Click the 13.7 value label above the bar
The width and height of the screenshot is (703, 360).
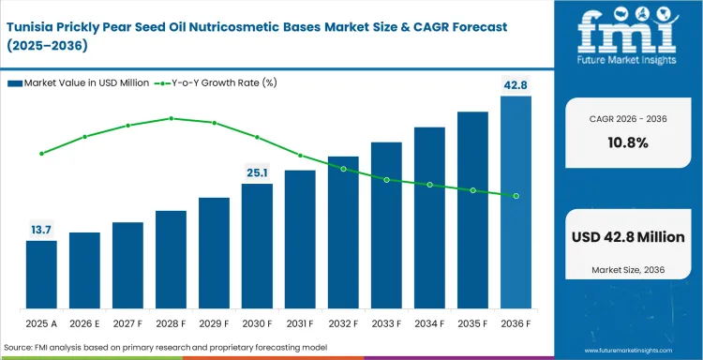point(41,230)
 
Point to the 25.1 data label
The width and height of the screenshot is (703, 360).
point(257,172)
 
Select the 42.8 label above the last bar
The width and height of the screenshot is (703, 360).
point(516,85)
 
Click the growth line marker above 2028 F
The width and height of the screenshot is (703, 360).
point(171,118)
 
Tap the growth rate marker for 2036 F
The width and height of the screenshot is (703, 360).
point(516,196)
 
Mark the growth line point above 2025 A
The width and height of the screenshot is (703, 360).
point(41,154)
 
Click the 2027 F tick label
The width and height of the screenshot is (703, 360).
point(127,323)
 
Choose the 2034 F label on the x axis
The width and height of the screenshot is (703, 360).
point(429,323)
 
